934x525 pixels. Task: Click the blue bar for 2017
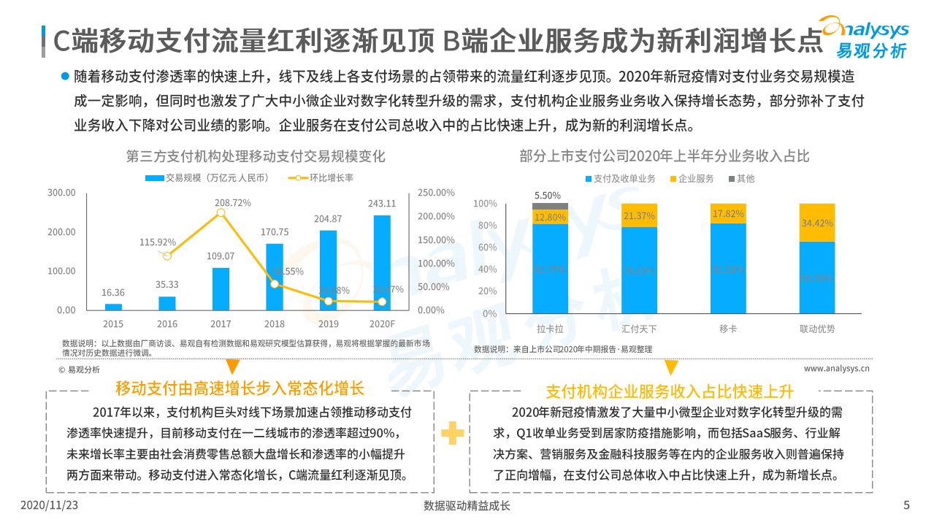coord(221,289)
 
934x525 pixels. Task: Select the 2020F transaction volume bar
coord(382,263)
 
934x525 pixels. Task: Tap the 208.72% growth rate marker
coord(221,212)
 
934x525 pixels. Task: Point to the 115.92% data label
coord(157,242)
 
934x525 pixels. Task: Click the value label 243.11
coord(382,204)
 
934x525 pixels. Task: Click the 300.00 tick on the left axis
coord(61,193)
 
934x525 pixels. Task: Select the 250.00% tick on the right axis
coord(436,193)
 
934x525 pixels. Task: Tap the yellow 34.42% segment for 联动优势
coord(816,223)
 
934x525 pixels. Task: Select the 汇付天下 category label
coord(639,329)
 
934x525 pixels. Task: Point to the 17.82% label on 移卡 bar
coord(728,214)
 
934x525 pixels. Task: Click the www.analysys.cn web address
coord(836,369)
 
